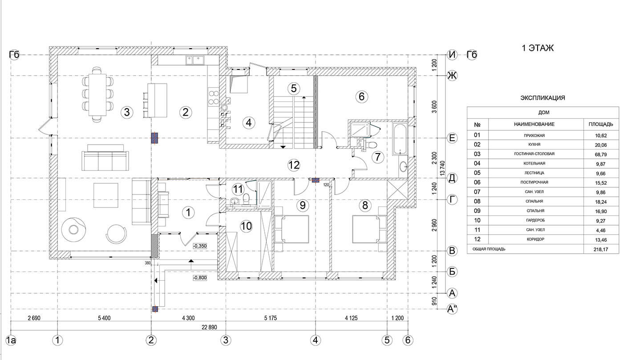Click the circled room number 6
(x=361, y=97)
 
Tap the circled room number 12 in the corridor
(x=294, y=165)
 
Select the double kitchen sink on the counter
(x=195, y=60)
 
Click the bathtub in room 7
(x=400, y=139)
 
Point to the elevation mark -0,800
(x=200, y=278)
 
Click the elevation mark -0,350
(x=200, y=246)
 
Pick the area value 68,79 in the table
(x=601, y=154)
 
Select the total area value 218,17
(x=601, y=250)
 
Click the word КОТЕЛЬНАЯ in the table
(x=534, y=164)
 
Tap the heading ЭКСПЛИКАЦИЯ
(x=542, y=98)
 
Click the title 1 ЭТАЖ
(x=538, y=48)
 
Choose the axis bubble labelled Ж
(x=452, y=76)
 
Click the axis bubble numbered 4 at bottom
(x=316, y=340)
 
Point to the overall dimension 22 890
(x=209, y=328)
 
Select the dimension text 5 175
(x=271, y=318)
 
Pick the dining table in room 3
(x=97, y=94)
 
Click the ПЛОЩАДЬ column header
(x=601, y=124)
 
